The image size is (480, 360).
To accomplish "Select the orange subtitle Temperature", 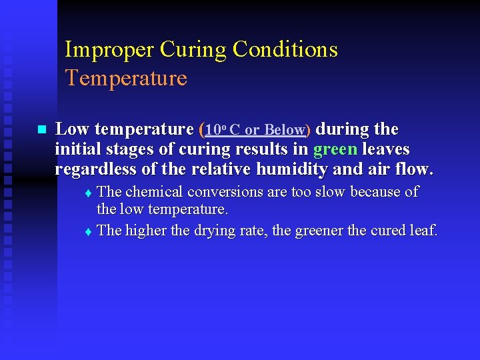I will tap(126, 79).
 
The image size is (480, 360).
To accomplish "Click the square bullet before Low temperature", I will tap(41, 129).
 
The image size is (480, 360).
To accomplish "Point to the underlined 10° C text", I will tap(223, 129).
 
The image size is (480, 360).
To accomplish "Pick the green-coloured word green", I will tap(335, 149).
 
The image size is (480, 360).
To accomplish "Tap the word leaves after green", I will tap(386, 149).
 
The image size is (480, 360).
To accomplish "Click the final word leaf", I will tap(423, 231).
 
